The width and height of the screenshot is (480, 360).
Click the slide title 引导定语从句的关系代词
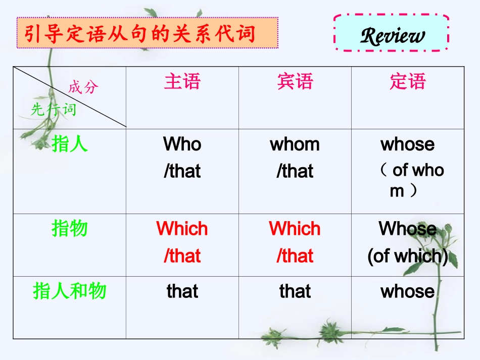(x=139, y=34)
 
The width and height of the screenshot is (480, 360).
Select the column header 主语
(x=182, y=81)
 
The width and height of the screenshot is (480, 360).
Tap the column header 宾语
(x=295, y=81)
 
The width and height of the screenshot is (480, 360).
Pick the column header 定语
(x=408, y=81)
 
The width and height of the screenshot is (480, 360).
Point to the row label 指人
(x=70, y=144)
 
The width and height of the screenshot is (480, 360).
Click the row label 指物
(x=70, y=229)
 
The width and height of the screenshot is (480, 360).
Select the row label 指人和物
(x=70, y=291)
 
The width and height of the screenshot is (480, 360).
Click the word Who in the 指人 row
(x=182, y=144)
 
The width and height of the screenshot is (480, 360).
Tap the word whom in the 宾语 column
(x=295, y=144)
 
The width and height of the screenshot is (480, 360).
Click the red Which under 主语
(x=182, y=229)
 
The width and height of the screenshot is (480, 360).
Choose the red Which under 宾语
(x=295, y=229)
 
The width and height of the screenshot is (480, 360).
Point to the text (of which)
(x=408, y=256)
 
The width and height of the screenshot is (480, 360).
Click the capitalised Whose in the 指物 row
(x=408, y=229)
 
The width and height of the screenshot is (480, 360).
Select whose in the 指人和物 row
(x=408, y=291)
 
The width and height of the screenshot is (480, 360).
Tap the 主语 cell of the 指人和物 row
(x=182, y=291)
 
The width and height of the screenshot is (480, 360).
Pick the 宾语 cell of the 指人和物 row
(x=295, y=291)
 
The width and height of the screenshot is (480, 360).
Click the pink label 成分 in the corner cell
(x=83, y=87)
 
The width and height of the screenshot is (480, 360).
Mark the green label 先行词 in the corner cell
(x=53, y=109)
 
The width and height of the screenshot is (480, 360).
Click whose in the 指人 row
(x=408, y=144)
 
